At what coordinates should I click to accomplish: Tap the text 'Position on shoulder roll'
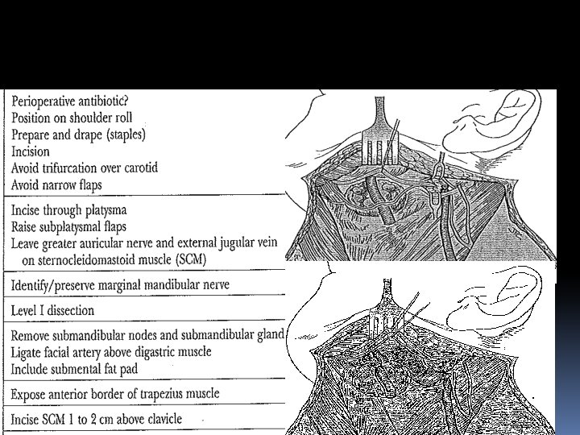(72, 118)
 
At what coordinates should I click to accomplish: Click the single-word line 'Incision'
(31, 151)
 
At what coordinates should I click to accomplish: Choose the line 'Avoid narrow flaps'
(60, 184)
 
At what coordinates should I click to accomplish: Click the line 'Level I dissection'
(53, 310)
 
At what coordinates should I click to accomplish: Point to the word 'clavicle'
(160, 420)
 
